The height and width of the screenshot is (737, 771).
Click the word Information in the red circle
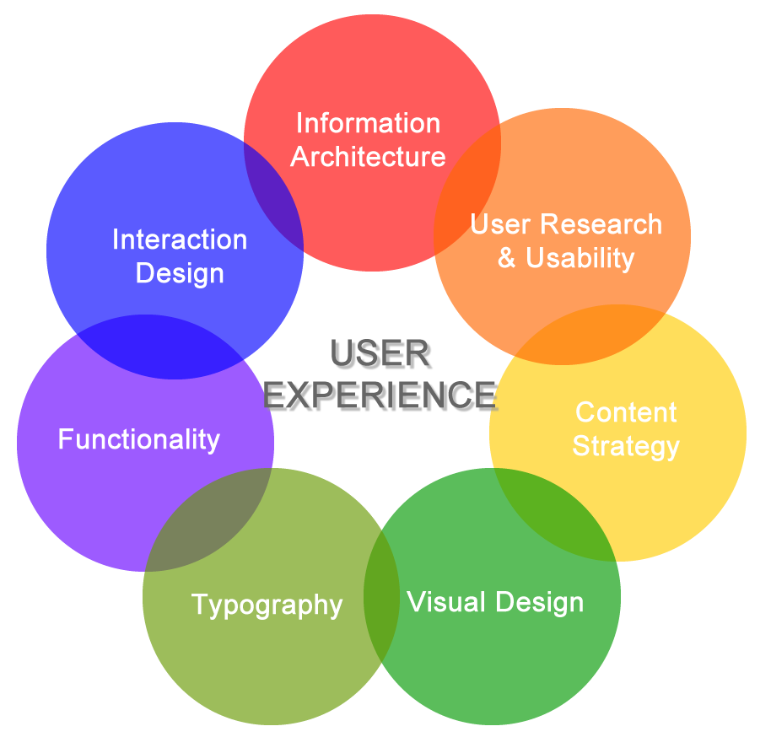[x=368, y=123]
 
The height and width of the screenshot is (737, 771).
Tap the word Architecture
[x=368, y=157]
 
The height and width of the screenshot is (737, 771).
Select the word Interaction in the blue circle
[x=180, y=239]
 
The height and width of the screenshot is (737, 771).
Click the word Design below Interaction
[x=180, y=273]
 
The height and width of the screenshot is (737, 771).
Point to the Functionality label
[x=139, y=439]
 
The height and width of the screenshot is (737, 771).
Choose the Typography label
[x=267, y=605]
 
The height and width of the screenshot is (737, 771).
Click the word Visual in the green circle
[x=446, y=602]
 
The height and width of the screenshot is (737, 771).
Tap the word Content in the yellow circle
[x=626, y=412]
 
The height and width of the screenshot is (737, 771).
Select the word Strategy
[x=626, y=446]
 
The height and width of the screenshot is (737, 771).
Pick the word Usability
[x=580, y=258]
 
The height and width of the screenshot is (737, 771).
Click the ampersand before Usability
[x=507, y=258]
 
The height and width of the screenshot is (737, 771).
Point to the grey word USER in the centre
[x=381, y=356]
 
